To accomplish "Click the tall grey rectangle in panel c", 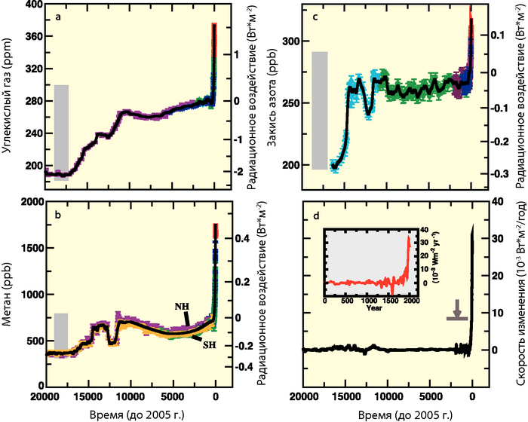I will pyautogui.click(x=320, y=111).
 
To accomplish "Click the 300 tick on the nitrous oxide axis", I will pyautogui.click(x=290, y=40).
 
